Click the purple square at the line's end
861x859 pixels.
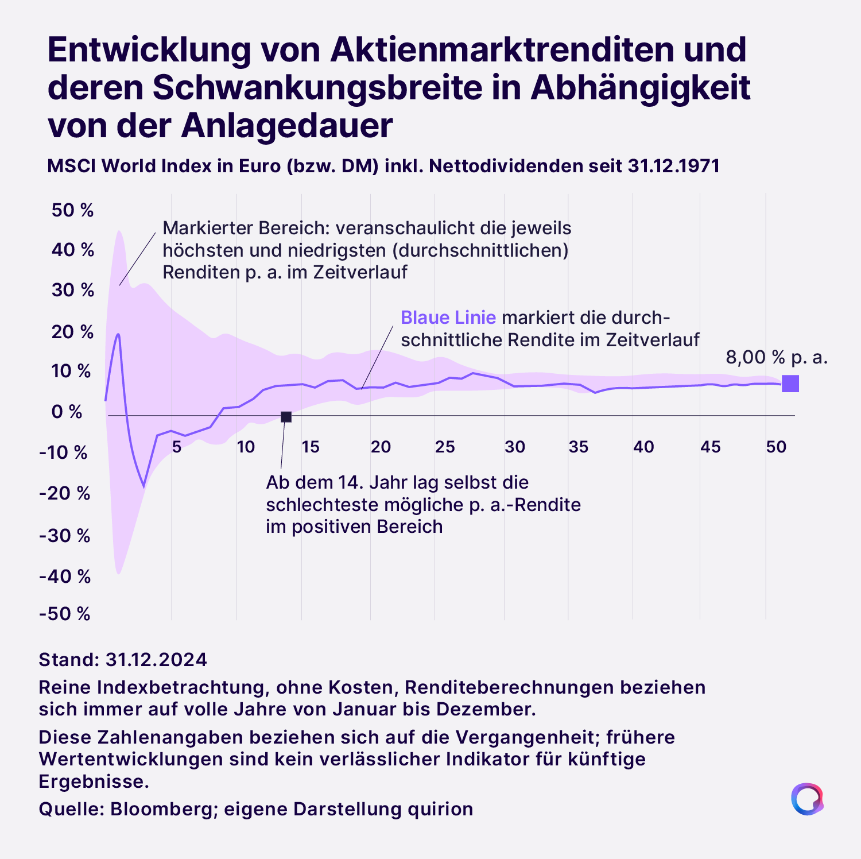[790, 384]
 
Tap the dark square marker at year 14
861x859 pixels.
[286, 416]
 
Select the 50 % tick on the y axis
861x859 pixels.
[72, 210]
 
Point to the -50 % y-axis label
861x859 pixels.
[65, 614]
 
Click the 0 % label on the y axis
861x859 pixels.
[67, 412]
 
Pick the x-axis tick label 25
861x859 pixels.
[445, 447]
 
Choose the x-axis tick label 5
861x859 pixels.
[177, 447]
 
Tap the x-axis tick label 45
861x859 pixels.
[710, 447]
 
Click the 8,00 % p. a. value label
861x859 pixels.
[777, 357]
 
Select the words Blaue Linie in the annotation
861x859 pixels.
[448, 318]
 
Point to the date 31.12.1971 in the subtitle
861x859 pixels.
[674, 166]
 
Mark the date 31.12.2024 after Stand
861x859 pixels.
[156, 659]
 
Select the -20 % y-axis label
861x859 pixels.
[65, 493]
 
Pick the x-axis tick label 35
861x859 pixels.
[579, 447]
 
